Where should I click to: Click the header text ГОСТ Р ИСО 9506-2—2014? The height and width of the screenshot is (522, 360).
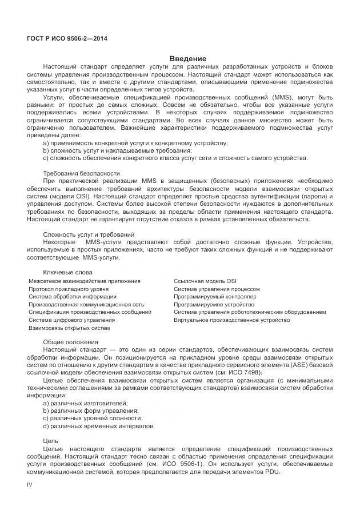click(67, 39)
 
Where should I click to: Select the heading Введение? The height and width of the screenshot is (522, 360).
click(188, 59)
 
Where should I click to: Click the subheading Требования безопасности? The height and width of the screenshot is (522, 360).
click(82, 173)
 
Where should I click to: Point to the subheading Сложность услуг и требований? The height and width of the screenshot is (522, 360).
click(89, 234)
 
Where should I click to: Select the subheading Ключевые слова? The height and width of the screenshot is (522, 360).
click(67, 272)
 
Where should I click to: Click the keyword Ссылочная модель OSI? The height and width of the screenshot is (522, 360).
click(205, 281)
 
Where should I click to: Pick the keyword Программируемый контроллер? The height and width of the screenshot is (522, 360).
click(215, 297)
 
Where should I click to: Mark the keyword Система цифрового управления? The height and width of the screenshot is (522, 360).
click(67, 320)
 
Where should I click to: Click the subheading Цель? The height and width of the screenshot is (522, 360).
click(50, 441)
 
